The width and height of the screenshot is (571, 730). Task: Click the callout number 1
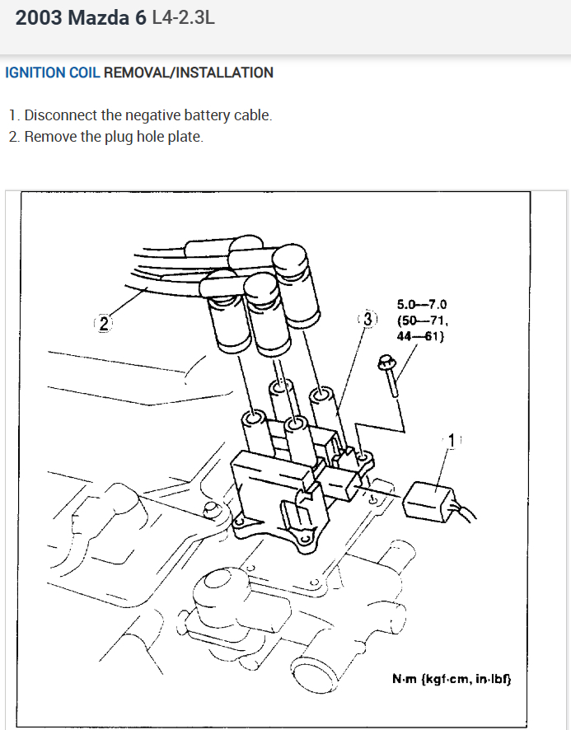451,442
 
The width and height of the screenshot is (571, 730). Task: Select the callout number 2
104,323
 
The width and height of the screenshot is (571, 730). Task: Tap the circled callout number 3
367,318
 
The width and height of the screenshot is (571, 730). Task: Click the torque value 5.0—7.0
421,304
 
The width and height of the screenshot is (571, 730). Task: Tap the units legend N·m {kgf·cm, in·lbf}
452,680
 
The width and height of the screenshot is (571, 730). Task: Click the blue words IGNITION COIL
53,73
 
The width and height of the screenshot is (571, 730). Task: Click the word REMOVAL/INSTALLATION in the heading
189,73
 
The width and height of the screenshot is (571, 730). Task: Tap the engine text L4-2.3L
184,17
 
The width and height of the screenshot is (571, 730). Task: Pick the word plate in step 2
185,137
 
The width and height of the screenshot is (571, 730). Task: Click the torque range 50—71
423,320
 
